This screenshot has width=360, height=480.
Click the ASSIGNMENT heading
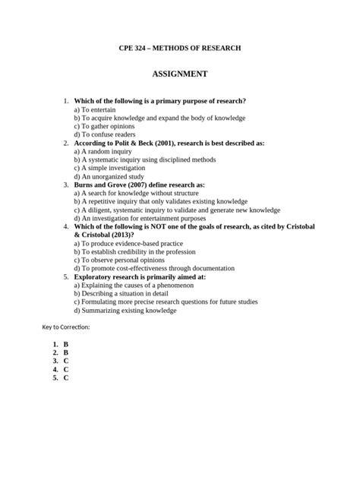[179, 74]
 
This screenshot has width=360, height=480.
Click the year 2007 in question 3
[147, 185]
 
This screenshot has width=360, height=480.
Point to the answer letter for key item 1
[66, 344]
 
